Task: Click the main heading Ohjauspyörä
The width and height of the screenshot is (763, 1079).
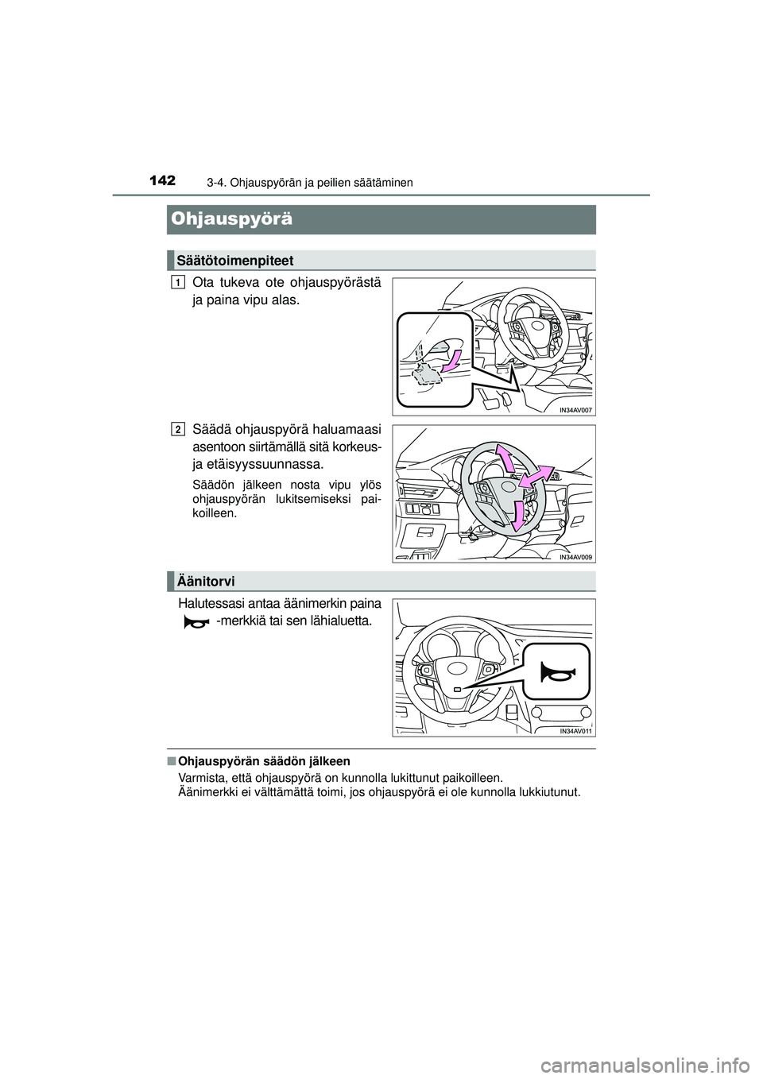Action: point(230,219)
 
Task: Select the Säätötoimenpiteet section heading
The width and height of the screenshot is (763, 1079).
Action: point(235,261)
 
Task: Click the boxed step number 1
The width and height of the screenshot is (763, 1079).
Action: point(176,282)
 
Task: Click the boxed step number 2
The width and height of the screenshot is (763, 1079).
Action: point(176,429)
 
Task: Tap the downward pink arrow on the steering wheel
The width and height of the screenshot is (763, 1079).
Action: point(517,514)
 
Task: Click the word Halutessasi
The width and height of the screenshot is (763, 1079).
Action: point(210,604)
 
